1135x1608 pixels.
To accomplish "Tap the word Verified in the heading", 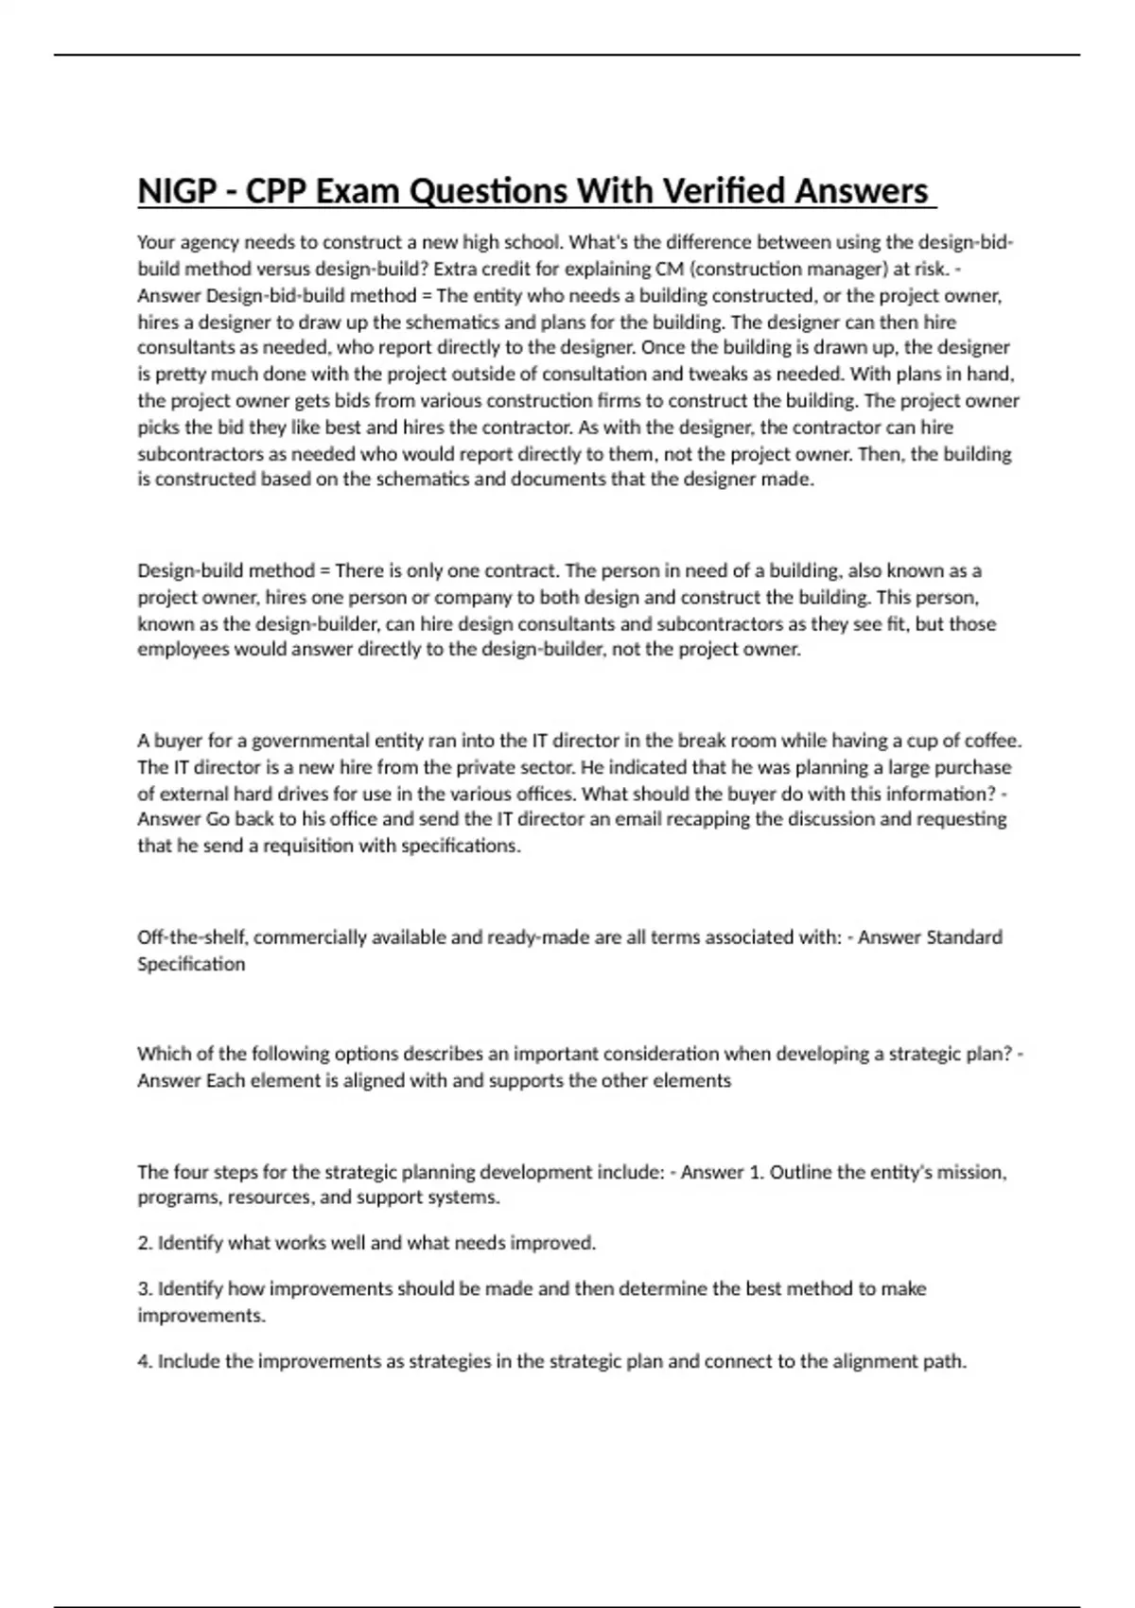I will (726, 191).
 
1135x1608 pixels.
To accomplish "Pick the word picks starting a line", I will (157, 427).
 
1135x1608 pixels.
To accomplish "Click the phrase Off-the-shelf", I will (193, 937).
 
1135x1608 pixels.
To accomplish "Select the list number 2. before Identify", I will (145, 1243).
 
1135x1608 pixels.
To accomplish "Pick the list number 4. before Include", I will (145, 1362).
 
